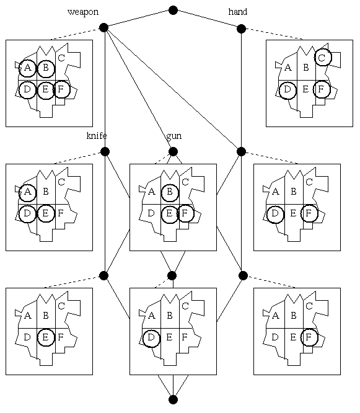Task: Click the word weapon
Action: tap(83, 12)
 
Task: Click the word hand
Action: tap(238, 12)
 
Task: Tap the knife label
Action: tap(97, 136)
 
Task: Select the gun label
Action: tap(173, 136)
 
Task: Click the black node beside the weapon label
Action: tap(104, 27)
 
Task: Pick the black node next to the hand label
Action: tap(241, 29)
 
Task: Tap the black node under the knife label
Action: tap(105, 152)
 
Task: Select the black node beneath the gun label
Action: tap(173, 152)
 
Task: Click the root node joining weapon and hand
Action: tap(173, 11)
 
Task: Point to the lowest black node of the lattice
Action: tap(173, 399)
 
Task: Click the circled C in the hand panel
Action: tap(322, 58)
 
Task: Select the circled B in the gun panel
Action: tap(170, 192)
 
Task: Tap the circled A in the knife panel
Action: tap(27, 192)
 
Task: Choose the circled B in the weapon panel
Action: tap(46, 68)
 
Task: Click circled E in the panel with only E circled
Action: tap(46, 337)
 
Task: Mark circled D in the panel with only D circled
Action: tap(151, 338)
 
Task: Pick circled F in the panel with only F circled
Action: tap(309, 337)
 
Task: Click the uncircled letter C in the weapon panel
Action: tap(61, 58)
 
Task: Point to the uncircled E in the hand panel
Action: tap(305, 89)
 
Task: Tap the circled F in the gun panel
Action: tap(185, 213)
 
